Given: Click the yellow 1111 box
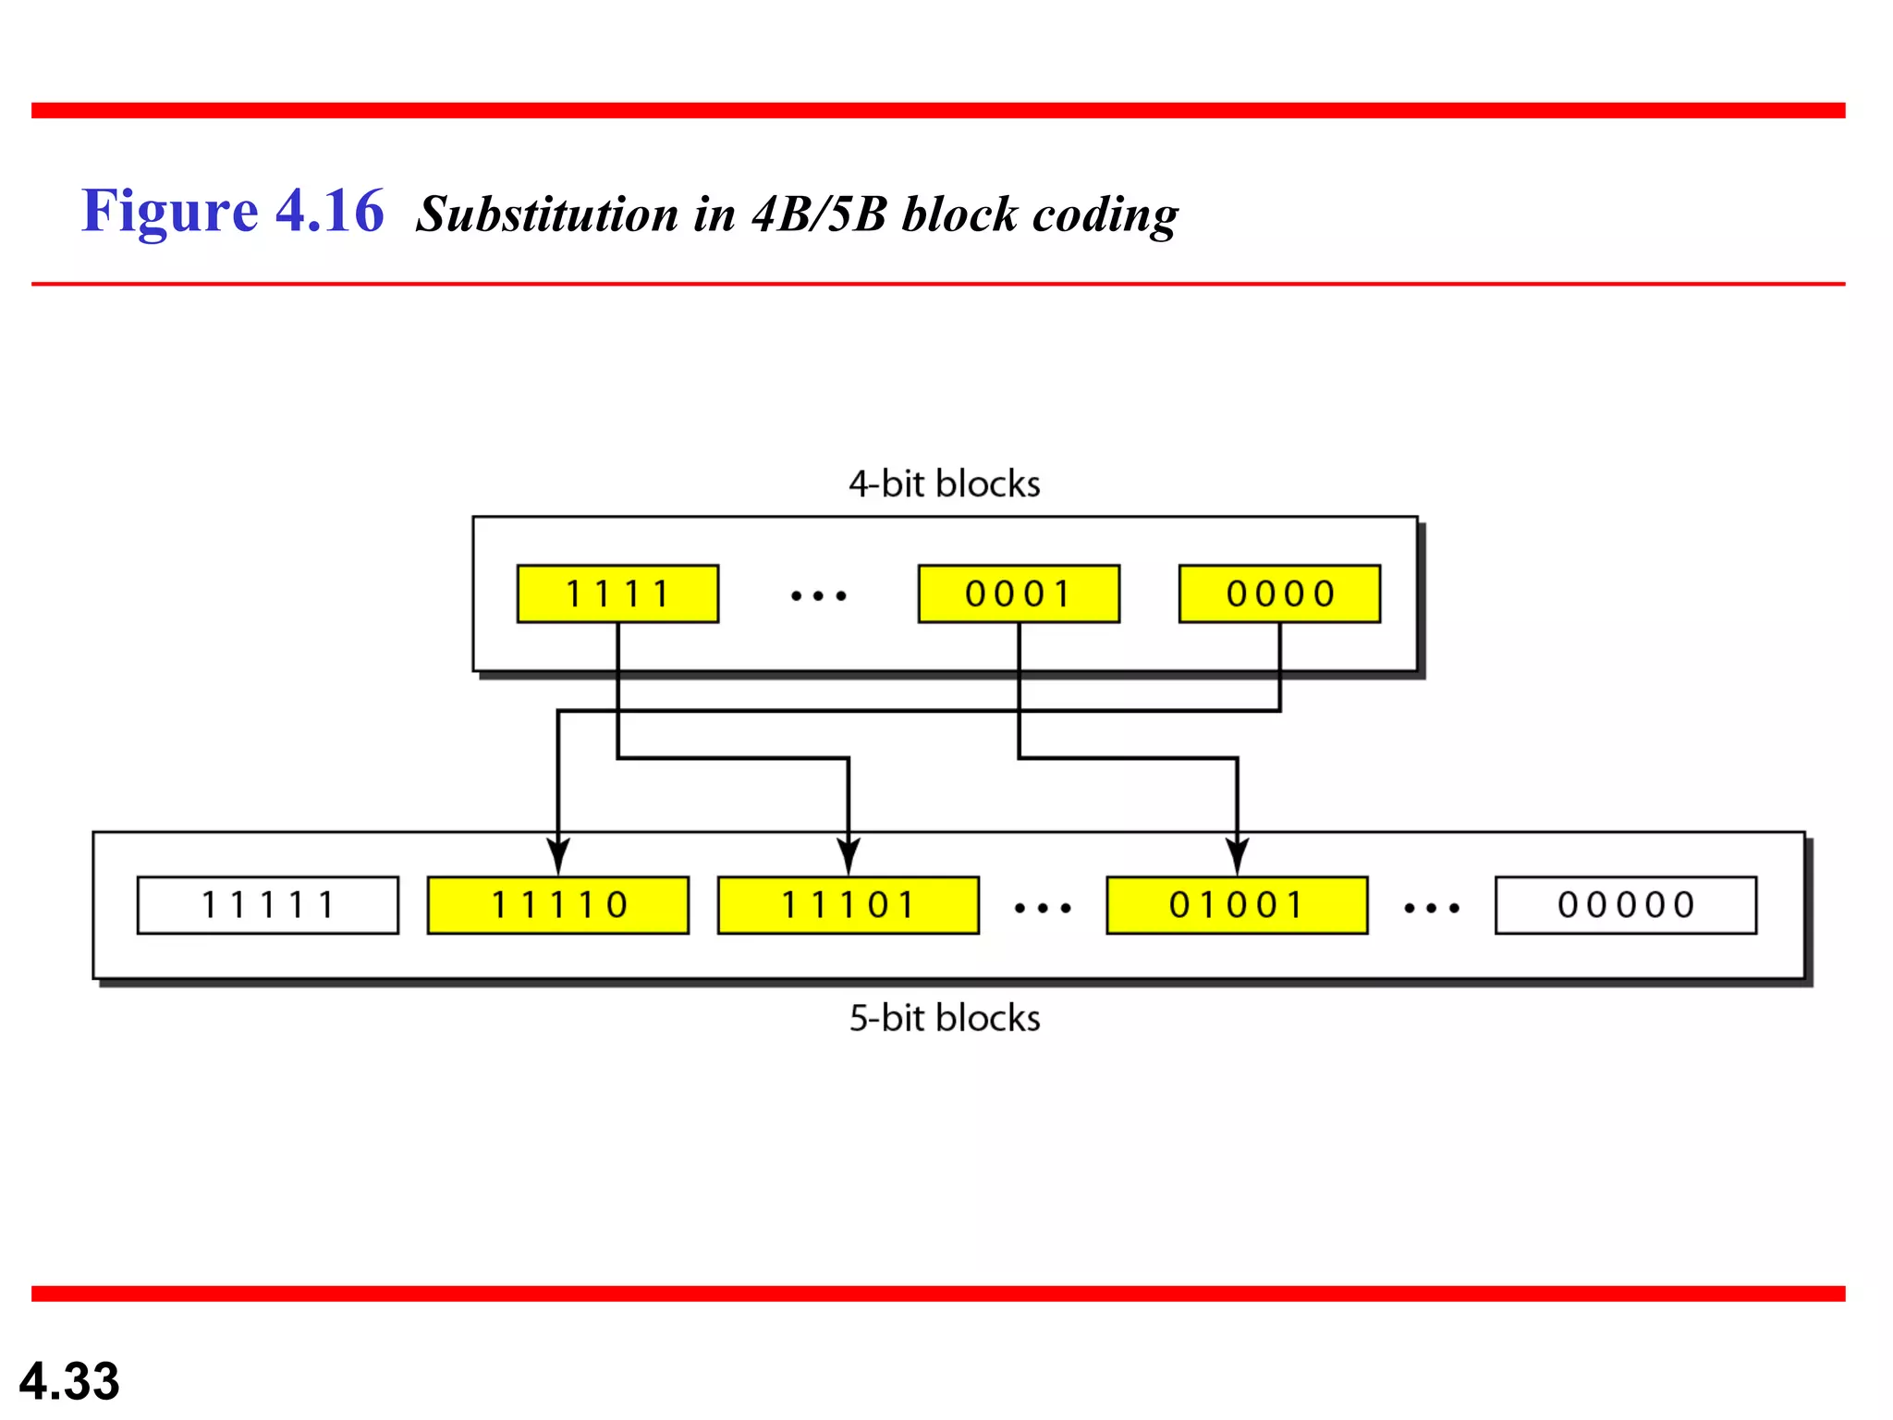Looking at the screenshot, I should click(x=617, y=594).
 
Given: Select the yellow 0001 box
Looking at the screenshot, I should click(x=1019, y=594).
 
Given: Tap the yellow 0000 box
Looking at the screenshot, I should click(x=1279, y=594).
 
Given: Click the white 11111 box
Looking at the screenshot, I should click(x=268, y=905).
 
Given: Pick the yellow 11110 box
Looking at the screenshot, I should click(x=558, y=905).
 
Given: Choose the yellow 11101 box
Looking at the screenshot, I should click(x=848, y=905).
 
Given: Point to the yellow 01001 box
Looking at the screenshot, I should click(x=1237, y=905).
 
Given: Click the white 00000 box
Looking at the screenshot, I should click(x=1626, y=905).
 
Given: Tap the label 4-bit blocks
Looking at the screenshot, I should click(x=945, y=484).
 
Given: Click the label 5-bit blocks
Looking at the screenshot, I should click(x=945, y=1019).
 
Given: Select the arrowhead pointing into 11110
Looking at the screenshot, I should click(x=558, y=856).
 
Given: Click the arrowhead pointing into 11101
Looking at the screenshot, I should click(x=849, y=856).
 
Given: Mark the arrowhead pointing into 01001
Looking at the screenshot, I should click(x=1238, y=856).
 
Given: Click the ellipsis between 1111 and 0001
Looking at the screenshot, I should click(x=819, y=596).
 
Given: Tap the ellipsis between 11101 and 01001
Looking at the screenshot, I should click(x=1043, y=909).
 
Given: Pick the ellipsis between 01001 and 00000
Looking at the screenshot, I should click(x=1432, y=909).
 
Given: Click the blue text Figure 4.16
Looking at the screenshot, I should click(x=232, y=212).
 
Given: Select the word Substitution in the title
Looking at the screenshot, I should click(x=547, y=214).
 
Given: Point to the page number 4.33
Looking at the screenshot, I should click(x=69, y=1381).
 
